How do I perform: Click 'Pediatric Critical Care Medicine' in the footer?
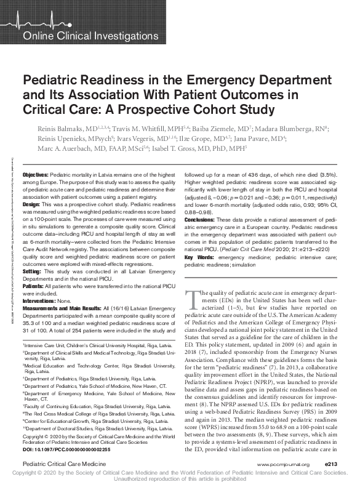pyautogui.click(x=60, y=461)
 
